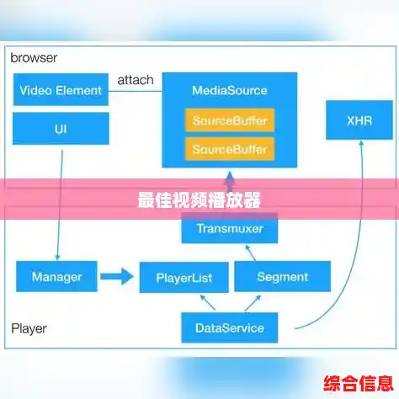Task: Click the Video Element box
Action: [x=61, y=89]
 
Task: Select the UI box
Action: [x=61, y=129]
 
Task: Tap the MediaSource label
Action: [x=229, y=91]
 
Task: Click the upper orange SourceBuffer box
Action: [x=229, y=120]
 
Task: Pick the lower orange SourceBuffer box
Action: [x=229, y=149]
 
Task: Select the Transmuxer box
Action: [x=229, y=228]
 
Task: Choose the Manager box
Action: [x=56, y=276]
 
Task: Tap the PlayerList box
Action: [x=183, y=276]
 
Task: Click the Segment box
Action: [x=282, y=276]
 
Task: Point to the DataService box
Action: [x=229, y=327]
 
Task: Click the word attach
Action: [x=135, y=80]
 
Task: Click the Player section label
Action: [x=29, y=328]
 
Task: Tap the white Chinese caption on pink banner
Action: [x=199, y=200]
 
